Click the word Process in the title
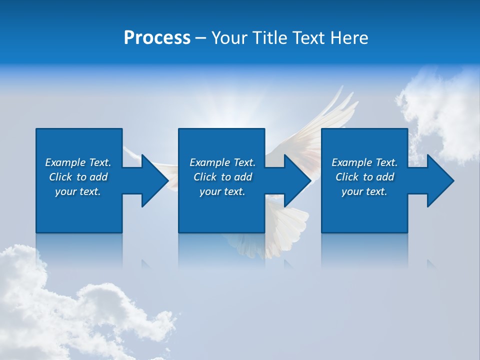(x=157, y=38)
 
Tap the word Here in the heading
(x=348, y=38)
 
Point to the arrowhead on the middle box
(x=294, y=180)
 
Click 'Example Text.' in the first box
(x=78, y=162)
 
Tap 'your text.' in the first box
(x=78, y=191)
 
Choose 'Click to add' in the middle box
(x=222, y=177)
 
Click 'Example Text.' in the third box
(x=364, y=162)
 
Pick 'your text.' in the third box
(x=364, y=191)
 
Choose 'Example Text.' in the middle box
(x=222, y=162)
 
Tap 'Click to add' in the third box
(x=364, y=177)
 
